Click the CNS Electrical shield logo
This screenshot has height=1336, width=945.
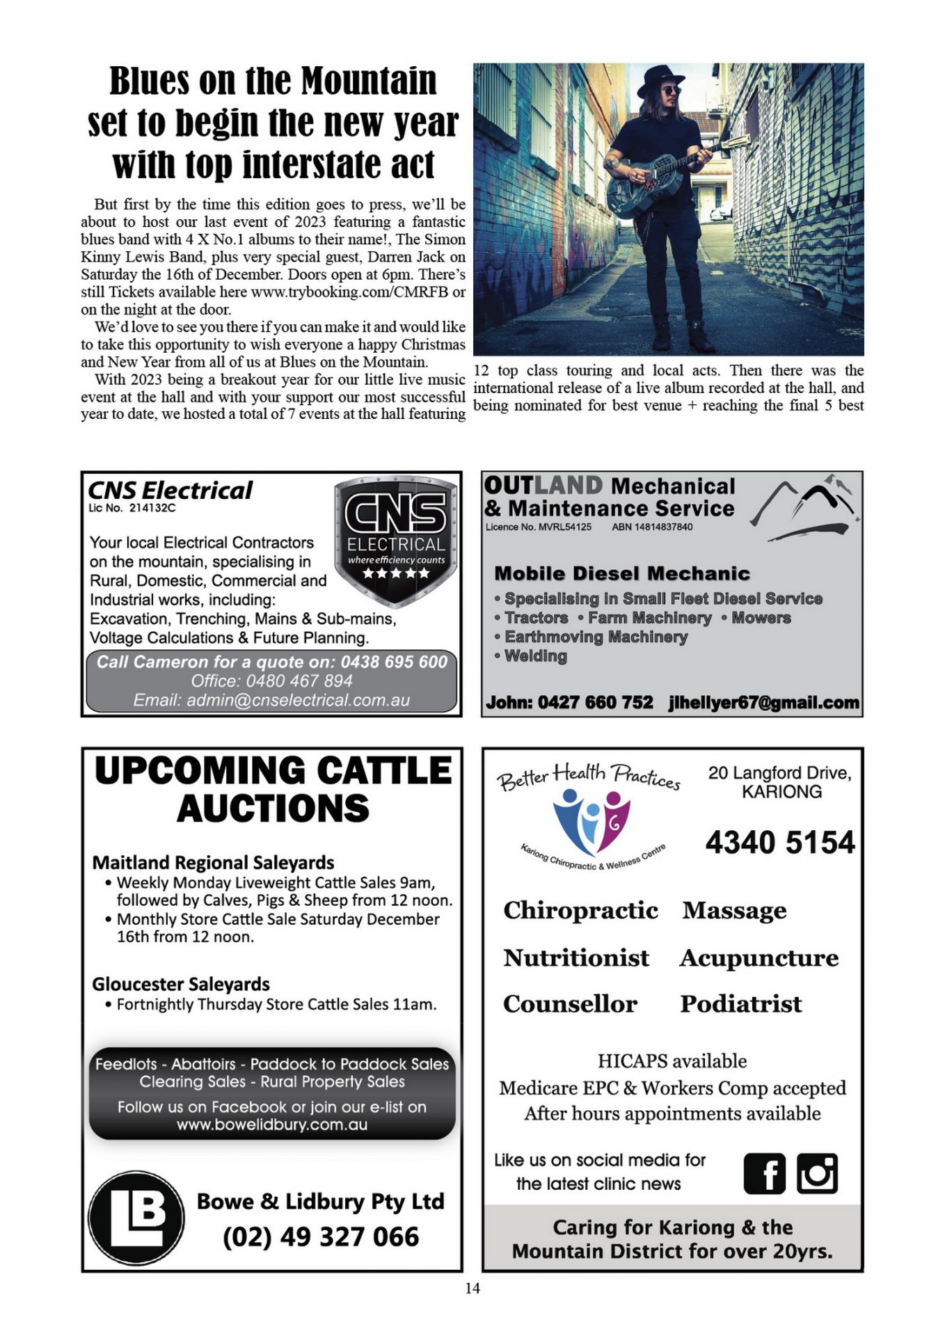(396, 539)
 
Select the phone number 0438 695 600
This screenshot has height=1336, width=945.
(394, 662)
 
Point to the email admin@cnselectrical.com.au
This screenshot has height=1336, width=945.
(271, 700)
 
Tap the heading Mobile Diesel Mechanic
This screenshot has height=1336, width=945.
(622, 573)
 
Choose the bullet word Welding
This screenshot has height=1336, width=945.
(535, 655)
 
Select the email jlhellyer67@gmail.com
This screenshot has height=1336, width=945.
(763, 703)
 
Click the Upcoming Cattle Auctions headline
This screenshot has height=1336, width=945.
(273, 789)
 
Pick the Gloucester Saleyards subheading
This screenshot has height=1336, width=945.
(181, 984)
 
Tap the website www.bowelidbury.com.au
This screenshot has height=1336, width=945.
(272, 1124)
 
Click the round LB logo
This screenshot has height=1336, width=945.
(136, 1217)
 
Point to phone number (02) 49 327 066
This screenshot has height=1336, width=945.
(321, 1236)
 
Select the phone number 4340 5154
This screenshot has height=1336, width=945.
(779, 843)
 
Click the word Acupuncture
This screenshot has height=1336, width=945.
(759, 958)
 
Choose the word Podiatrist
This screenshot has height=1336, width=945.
(741, 1003)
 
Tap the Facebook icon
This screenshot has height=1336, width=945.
(764, 1174)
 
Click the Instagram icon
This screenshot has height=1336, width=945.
(817, 1174)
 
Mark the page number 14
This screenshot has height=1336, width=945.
(472, 1288)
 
